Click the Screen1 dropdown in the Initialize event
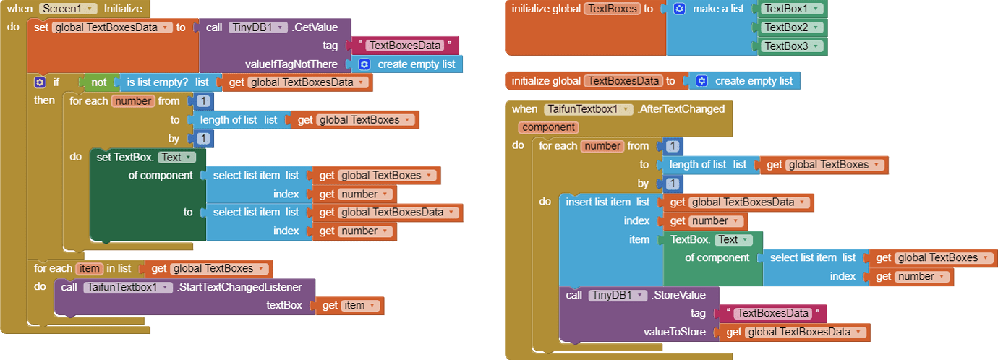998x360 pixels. coord(68,9)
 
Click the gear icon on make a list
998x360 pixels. coord(679,9)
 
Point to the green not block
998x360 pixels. coord(98,82)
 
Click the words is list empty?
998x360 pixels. coord(157,82)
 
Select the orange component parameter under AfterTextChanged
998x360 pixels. coord(549,127)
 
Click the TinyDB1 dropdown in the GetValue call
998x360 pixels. coord(258,27)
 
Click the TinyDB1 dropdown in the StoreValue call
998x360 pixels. coord(617,295)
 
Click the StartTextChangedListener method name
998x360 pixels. coord(246,287)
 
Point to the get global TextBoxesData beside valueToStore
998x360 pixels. coord(794,333)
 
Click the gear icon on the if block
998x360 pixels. coord(40,82)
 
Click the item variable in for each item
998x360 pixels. coord(86,268)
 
